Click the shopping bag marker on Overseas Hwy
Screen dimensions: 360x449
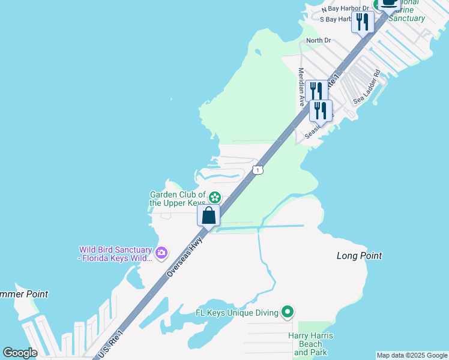click(208, 215)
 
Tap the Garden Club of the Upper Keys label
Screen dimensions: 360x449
click(177, 199)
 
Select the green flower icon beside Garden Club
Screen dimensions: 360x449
click(214, 197)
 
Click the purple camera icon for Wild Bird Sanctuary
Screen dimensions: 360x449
click(161, 253)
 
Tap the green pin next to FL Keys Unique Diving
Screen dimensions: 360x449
click(288, 312)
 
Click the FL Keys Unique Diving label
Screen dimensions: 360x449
click(237, 313)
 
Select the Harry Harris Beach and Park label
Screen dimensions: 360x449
click(310, 344)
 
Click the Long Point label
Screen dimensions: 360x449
click(359, 256)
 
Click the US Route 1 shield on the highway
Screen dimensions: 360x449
click(258, 170)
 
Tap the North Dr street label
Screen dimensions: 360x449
click(318, 40)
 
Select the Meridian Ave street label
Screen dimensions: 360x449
click(302, 87)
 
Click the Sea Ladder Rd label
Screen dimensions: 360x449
click(367, 88)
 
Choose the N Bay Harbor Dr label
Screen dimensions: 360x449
click(343, 9)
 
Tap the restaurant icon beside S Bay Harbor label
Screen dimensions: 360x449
click(363, 22)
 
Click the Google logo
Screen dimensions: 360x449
click(20, 353)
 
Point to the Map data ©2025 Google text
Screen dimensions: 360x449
click(412, 355)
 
